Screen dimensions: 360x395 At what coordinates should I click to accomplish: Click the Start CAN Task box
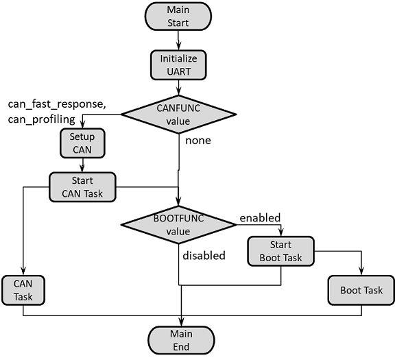82,187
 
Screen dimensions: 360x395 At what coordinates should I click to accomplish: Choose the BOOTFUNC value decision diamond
178,224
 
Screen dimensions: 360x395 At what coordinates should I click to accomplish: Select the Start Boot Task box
280,252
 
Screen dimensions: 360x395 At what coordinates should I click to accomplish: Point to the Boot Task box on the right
361,290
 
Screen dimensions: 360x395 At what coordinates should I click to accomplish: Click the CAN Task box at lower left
23,290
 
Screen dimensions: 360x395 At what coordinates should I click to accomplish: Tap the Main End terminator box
182,339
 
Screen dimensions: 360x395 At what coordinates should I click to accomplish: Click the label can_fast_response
56,104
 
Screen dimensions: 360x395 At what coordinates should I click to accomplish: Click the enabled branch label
260,218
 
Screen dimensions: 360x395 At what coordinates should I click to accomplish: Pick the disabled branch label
204,255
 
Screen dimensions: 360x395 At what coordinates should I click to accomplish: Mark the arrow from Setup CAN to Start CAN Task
82,165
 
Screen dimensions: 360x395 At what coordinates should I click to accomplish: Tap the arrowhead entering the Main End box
182,322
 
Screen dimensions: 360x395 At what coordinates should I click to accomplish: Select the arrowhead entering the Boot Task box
361,273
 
